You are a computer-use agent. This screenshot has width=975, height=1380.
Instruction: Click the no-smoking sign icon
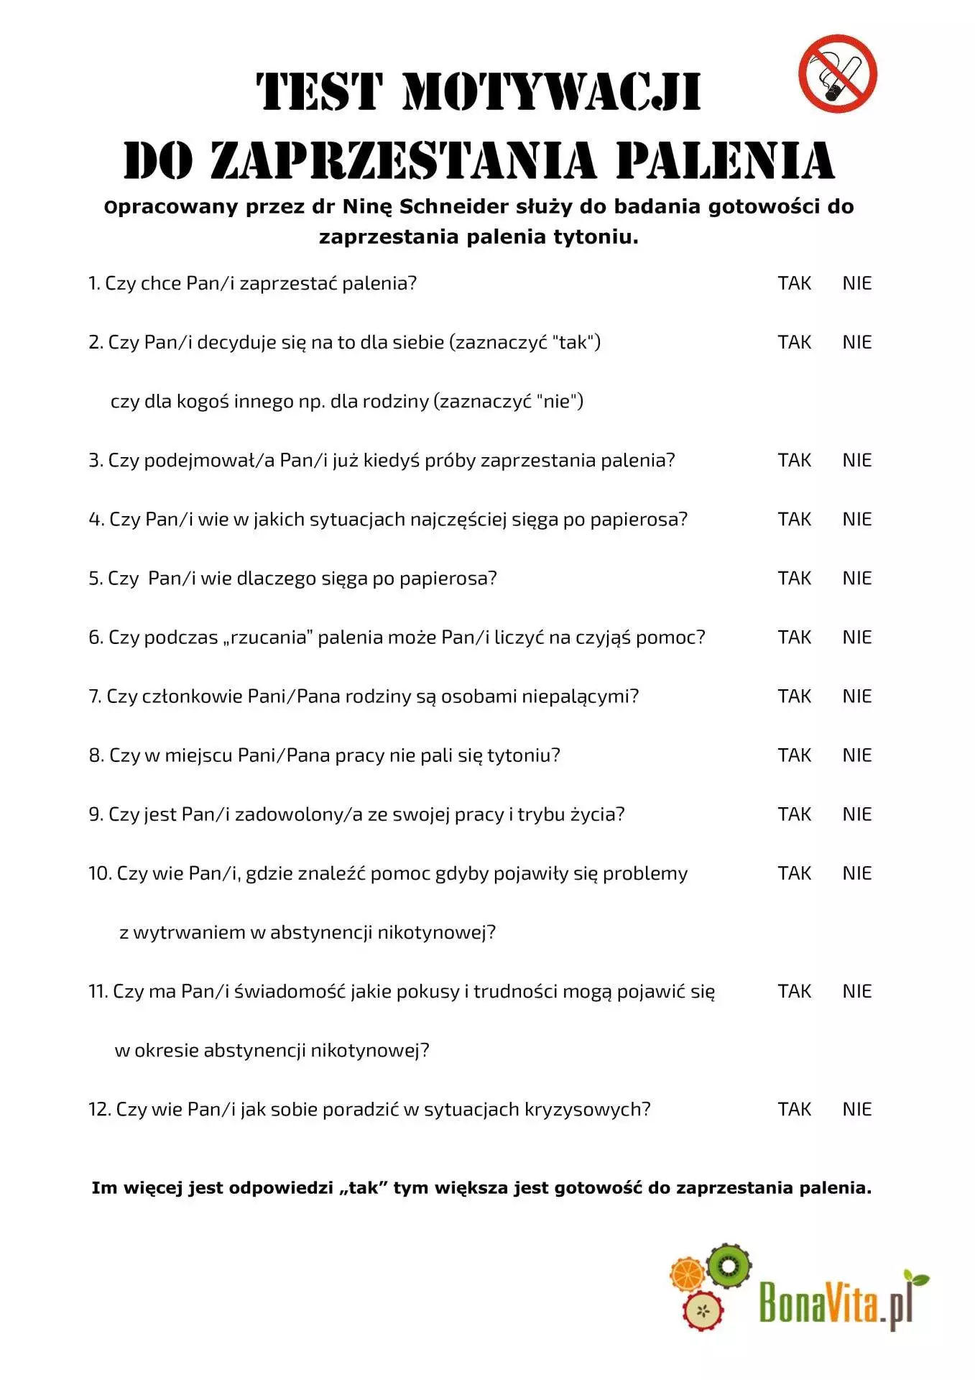pos(837,73)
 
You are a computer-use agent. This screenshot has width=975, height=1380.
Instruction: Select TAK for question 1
pos(794,283)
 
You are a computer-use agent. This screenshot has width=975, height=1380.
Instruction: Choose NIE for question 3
pos(856,460)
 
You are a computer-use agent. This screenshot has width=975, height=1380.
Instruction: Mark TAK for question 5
pos(794,578)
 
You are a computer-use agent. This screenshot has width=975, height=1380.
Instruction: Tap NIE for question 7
pos(856,696)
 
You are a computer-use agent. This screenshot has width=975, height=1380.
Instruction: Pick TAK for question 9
pos(794,814)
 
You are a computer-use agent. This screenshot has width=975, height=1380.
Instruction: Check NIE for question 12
pos(856,1109)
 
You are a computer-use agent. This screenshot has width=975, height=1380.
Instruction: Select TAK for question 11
pos(794,991)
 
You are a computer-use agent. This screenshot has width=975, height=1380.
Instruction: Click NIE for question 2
pos(856,342)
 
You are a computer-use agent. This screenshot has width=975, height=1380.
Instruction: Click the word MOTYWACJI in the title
pos(552,92)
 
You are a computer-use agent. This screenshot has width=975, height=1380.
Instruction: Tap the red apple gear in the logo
pos(703,1310)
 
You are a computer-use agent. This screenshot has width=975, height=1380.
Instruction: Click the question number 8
pos(96,755)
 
